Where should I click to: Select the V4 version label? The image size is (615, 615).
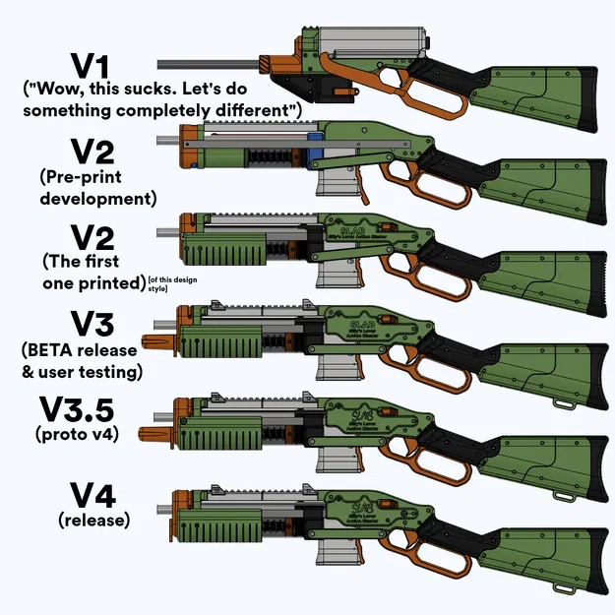point(94,495)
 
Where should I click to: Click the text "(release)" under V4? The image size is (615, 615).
point(94,520)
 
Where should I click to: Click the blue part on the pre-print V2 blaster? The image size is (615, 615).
point(312,149)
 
